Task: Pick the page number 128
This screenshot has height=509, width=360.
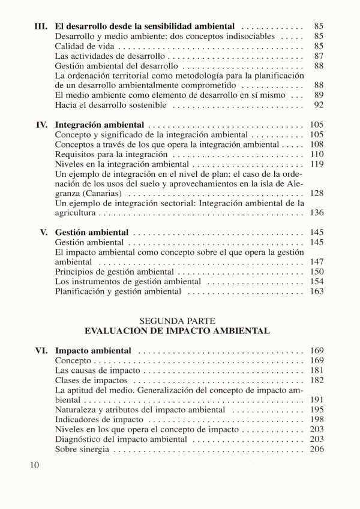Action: [x=316, y=193]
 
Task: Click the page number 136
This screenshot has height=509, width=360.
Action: [x=316, y=213]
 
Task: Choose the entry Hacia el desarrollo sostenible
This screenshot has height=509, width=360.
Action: [x=111, y=105]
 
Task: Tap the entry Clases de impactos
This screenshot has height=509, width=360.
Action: [x=91, y=380]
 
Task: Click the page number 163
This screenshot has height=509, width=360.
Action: [x=316, y=291]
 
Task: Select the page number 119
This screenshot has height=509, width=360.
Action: [x=316, y=164]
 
